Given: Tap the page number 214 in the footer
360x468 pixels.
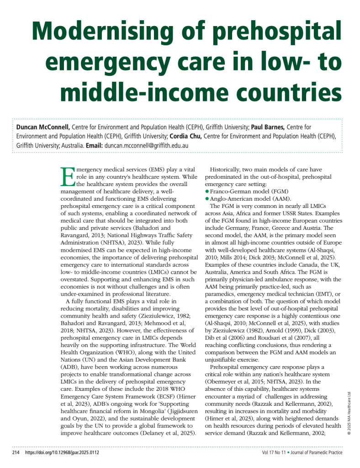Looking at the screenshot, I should pyautogui.click(x=16, y=453).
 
